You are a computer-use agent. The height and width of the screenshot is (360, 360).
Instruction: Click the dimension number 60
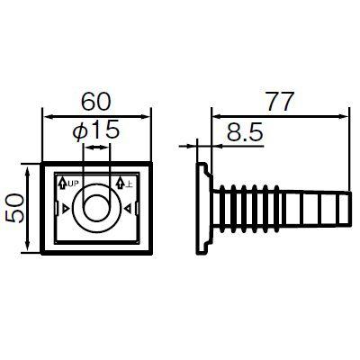click(96, 102)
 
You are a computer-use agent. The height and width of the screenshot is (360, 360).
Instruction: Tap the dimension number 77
click(279, 102)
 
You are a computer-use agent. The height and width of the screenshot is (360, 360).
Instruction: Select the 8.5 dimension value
click(245, 132)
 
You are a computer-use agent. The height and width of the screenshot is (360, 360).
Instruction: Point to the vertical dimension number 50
click(14, 208)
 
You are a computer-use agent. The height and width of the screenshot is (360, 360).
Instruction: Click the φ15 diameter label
click(96, 130)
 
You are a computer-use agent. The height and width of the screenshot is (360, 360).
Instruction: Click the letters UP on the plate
click(74, 183)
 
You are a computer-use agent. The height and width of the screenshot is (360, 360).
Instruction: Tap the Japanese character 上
click(129, 183)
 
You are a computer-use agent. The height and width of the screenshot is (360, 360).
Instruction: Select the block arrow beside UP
click(62, 183)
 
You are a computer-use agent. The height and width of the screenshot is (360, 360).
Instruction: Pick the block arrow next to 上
click(120, 183)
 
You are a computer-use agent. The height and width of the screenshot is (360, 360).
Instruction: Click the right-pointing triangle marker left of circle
click(65, 209)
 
